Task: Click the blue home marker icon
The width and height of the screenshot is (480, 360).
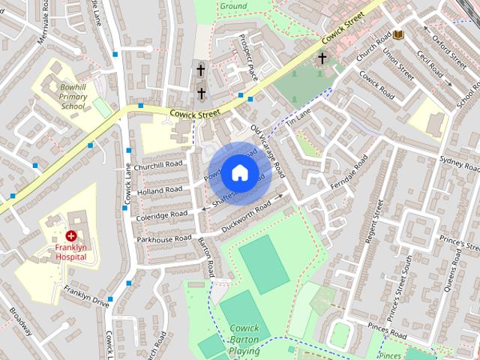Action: (238, 173)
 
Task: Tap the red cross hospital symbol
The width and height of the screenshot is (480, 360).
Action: (71, 235)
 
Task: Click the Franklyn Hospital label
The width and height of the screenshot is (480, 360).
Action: (70, 251)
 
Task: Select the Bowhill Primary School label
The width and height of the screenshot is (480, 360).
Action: (73, 97)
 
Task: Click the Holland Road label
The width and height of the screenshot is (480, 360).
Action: (160, 190)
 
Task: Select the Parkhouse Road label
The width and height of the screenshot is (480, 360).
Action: (163, 238)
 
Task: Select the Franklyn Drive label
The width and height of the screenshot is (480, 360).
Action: (86, 297)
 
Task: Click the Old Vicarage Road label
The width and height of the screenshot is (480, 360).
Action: (267, 147)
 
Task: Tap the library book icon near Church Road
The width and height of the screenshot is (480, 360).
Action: (397, 34)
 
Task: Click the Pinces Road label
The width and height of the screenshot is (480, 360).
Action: (387, 330)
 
